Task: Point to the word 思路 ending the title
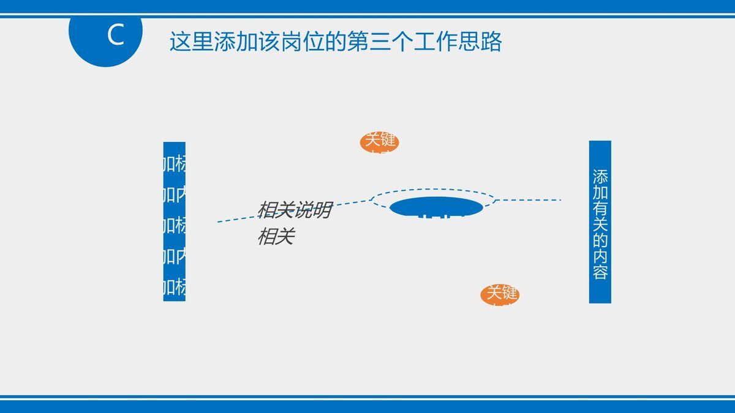pos(480,42)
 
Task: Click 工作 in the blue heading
pos(435,42)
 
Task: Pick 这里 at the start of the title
pos(192,42)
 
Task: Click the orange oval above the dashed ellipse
pos(379,143)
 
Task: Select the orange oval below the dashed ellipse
pos(500,295)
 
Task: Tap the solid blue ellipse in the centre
pos(435,207)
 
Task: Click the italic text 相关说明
pos(294,210)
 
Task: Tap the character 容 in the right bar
pos(600,271)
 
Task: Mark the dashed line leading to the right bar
pos(530,200)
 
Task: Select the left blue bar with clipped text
pos(174,221)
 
